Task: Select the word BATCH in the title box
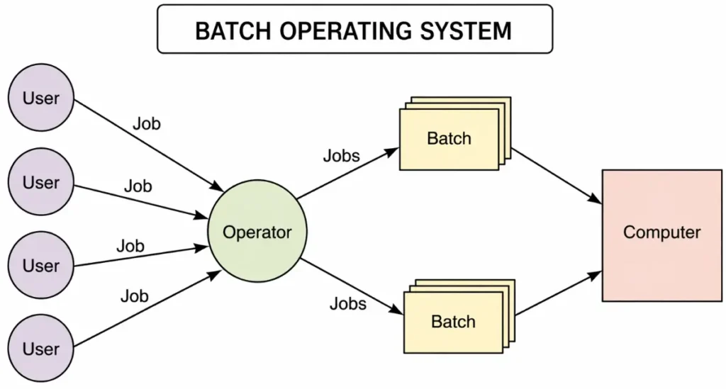[228, 30]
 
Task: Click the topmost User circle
[41, 98]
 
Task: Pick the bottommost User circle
[41, 348]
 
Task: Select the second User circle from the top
[41, 182]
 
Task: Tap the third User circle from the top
[41, 266]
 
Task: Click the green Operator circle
[257, 232]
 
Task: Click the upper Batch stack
[449, 139]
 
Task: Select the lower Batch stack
[454, 322]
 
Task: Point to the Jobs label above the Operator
[341, 156]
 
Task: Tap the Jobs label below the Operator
[347, 304]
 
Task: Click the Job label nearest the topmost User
[147, 124]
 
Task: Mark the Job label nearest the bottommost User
[134, 295]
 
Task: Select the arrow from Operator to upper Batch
[347, 174]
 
